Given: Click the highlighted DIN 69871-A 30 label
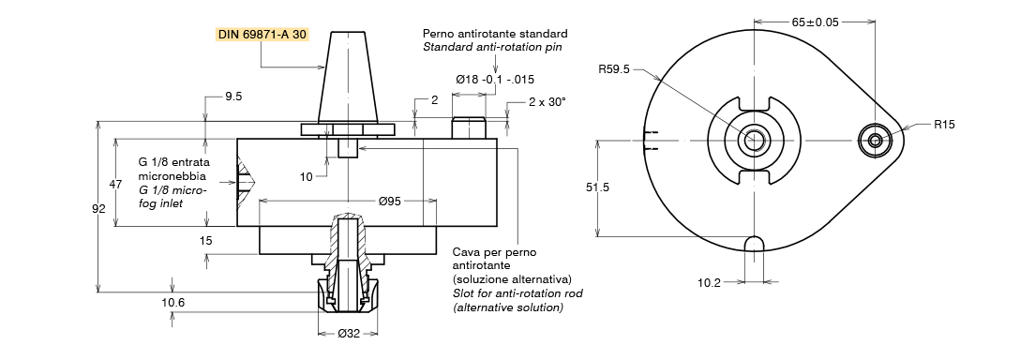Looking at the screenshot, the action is point(262,35).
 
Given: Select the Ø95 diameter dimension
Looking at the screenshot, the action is point(390,202).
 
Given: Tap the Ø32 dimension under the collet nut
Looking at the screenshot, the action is point(348,334).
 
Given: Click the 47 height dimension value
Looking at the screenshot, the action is point(115,185).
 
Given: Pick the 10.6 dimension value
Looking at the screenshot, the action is point(172,303).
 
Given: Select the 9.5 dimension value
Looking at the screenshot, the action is point(233,96).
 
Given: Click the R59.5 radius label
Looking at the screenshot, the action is point(614,67).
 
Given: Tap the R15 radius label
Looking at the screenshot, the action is point(944,124).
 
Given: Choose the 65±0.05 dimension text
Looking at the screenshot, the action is point(816,22).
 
